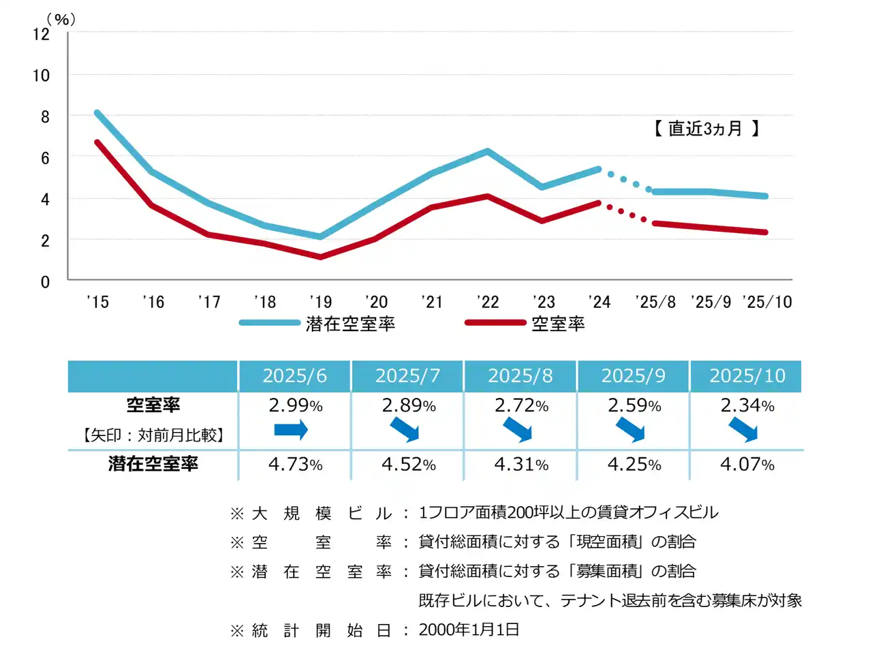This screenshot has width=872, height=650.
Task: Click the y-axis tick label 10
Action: coord(42,75)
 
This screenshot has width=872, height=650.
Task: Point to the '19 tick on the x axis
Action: coord(320,302)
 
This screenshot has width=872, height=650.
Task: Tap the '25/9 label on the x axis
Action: coord(711,302)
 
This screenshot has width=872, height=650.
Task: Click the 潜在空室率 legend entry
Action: coord(350,324)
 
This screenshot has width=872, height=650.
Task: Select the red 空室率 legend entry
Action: coord(557,324)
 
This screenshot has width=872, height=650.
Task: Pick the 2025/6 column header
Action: coord(294,376)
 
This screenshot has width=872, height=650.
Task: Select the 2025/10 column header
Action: coord(747,376)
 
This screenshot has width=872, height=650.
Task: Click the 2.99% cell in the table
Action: coord(295,405)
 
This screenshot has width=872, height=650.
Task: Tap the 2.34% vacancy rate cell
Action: coord(747,405)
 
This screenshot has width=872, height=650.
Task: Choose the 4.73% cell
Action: coord(295,465)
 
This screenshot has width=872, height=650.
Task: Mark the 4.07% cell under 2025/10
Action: coord(747,465)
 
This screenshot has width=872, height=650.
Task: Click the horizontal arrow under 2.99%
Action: coord(291,429)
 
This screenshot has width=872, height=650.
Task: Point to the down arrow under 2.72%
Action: coord(518,430)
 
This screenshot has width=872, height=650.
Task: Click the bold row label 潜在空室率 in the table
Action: coord(153,464)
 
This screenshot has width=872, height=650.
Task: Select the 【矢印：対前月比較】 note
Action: coord(153,435)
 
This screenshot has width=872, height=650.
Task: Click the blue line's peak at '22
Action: coord(487,151)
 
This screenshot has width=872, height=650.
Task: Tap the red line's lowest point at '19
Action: coord(320,257)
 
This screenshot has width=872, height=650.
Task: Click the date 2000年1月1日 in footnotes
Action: coord(469,630)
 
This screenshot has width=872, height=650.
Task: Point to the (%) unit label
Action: coord(61,20)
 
